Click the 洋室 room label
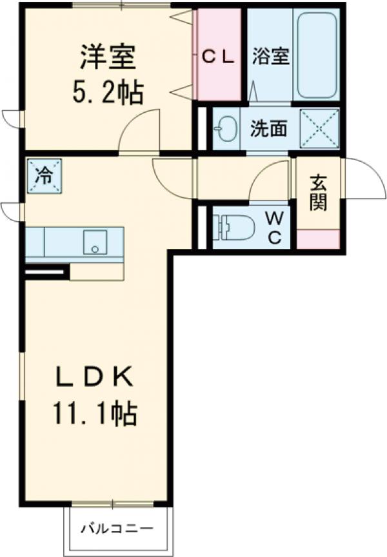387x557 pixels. (x=108, y=57)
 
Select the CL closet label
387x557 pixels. (x=219, y=57)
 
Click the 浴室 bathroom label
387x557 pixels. (x=270, y=56)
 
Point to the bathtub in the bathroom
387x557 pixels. (x=316, y=55)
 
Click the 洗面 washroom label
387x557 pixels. (x=268, y=129)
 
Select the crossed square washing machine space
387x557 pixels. (x=319, y=128)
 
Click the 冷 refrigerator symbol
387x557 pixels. (x=45, y=175)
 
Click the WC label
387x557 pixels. (x=274, y=228)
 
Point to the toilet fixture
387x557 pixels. (x=232, y=227)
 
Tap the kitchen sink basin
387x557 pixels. (x=95, y=242)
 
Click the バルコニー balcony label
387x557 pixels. (x=117, y=529)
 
